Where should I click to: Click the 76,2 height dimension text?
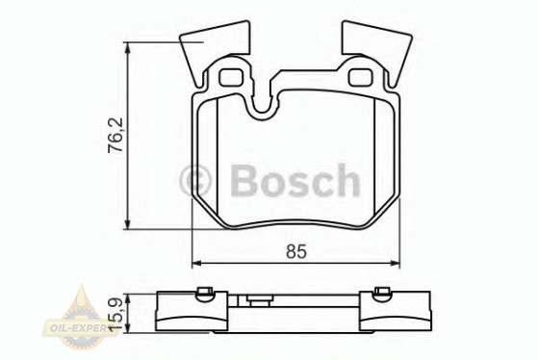click(115, 135)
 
